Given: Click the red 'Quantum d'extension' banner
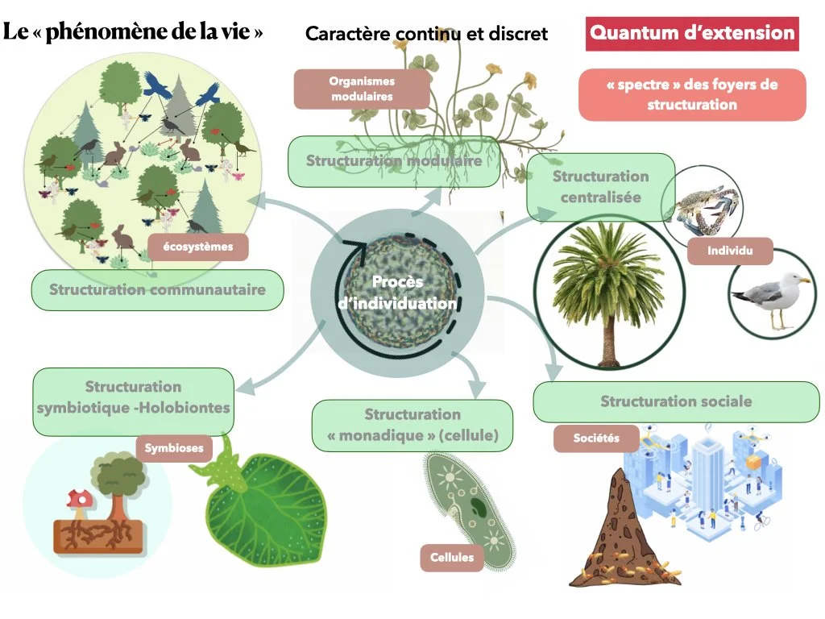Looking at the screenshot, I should (x=692, y=34).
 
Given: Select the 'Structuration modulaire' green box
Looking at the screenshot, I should (x=394, y=161).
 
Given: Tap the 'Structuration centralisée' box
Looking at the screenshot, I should (x=600, y=186).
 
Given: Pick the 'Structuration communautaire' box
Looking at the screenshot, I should (x=158, y=289).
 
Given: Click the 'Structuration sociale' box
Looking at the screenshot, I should (x=676, y=401).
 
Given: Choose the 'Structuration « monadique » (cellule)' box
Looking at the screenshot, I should (x=412, y=426).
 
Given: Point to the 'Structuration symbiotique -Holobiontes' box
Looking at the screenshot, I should (x=134, y=397).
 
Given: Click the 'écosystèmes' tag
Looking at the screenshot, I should (x=197, y=247).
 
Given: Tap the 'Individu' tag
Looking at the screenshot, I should (x=729, y=251).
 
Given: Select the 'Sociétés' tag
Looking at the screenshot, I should (x=596, y=438).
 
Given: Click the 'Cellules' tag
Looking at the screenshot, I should (x=452, y=557).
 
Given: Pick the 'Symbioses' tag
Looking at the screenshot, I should (x=173, y=447).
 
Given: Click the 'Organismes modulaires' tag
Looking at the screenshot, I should (x=362, y=89).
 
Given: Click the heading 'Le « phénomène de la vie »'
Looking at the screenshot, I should (x=134, y=32).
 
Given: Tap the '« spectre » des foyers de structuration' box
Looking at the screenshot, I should (x=692, y=94).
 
